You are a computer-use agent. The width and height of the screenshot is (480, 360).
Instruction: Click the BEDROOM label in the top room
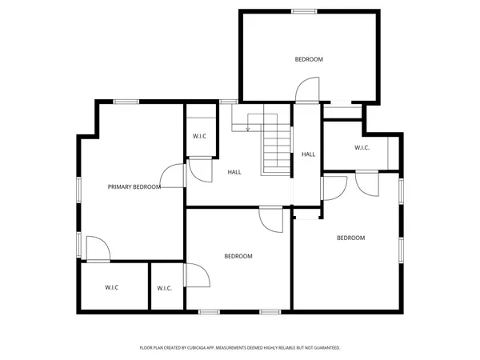click(308, 59)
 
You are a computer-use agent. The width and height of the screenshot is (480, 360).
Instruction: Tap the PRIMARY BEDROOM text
click(134, 186)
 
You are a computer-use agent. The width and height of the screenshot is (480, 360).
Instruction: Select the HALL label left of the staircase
click(234, 172)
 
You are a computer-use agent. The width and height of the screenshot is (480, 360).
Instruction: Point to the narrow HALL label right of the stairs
click(308, 154)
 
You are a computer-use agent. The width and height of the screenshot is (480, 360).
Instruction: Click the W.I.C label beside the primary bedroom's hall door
click(199, 136)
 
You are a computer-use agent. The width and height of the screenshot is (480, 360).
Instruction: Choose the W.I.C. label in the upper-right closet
click(362, 147)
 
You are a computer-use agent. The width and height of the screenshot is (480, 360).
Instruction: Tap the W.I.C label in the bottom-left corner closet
click(111, 287)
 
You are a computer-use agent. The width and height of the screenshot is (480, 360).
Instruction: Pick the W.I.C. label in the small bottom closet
click(164, 288)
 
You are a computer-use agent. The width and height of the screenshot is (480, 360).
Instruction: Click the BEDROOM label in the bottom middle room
click(238, 256)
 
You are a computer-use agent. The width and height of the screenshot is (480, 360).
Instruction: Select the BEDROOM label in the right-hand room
click(350, 238)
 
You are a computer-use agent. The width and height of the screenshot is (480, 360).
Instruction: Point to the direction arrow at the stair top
click(248, 127)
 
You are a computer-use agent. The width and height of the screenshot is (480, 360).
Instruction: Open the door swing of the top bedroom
click(307, 89)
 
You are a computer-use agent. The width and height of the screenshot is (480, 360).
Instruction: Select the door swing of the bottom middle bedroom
click(271, 220)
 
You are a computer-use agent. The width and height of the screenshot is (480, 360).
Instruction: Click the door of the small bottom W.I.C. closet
click(198, 277)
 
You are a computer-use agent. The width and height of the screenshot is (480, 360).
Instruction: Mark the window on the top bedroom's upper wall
click(303, 11)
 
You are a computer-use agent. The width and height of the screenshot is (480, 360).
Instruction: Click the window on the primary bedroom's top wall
click(126, 101)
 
